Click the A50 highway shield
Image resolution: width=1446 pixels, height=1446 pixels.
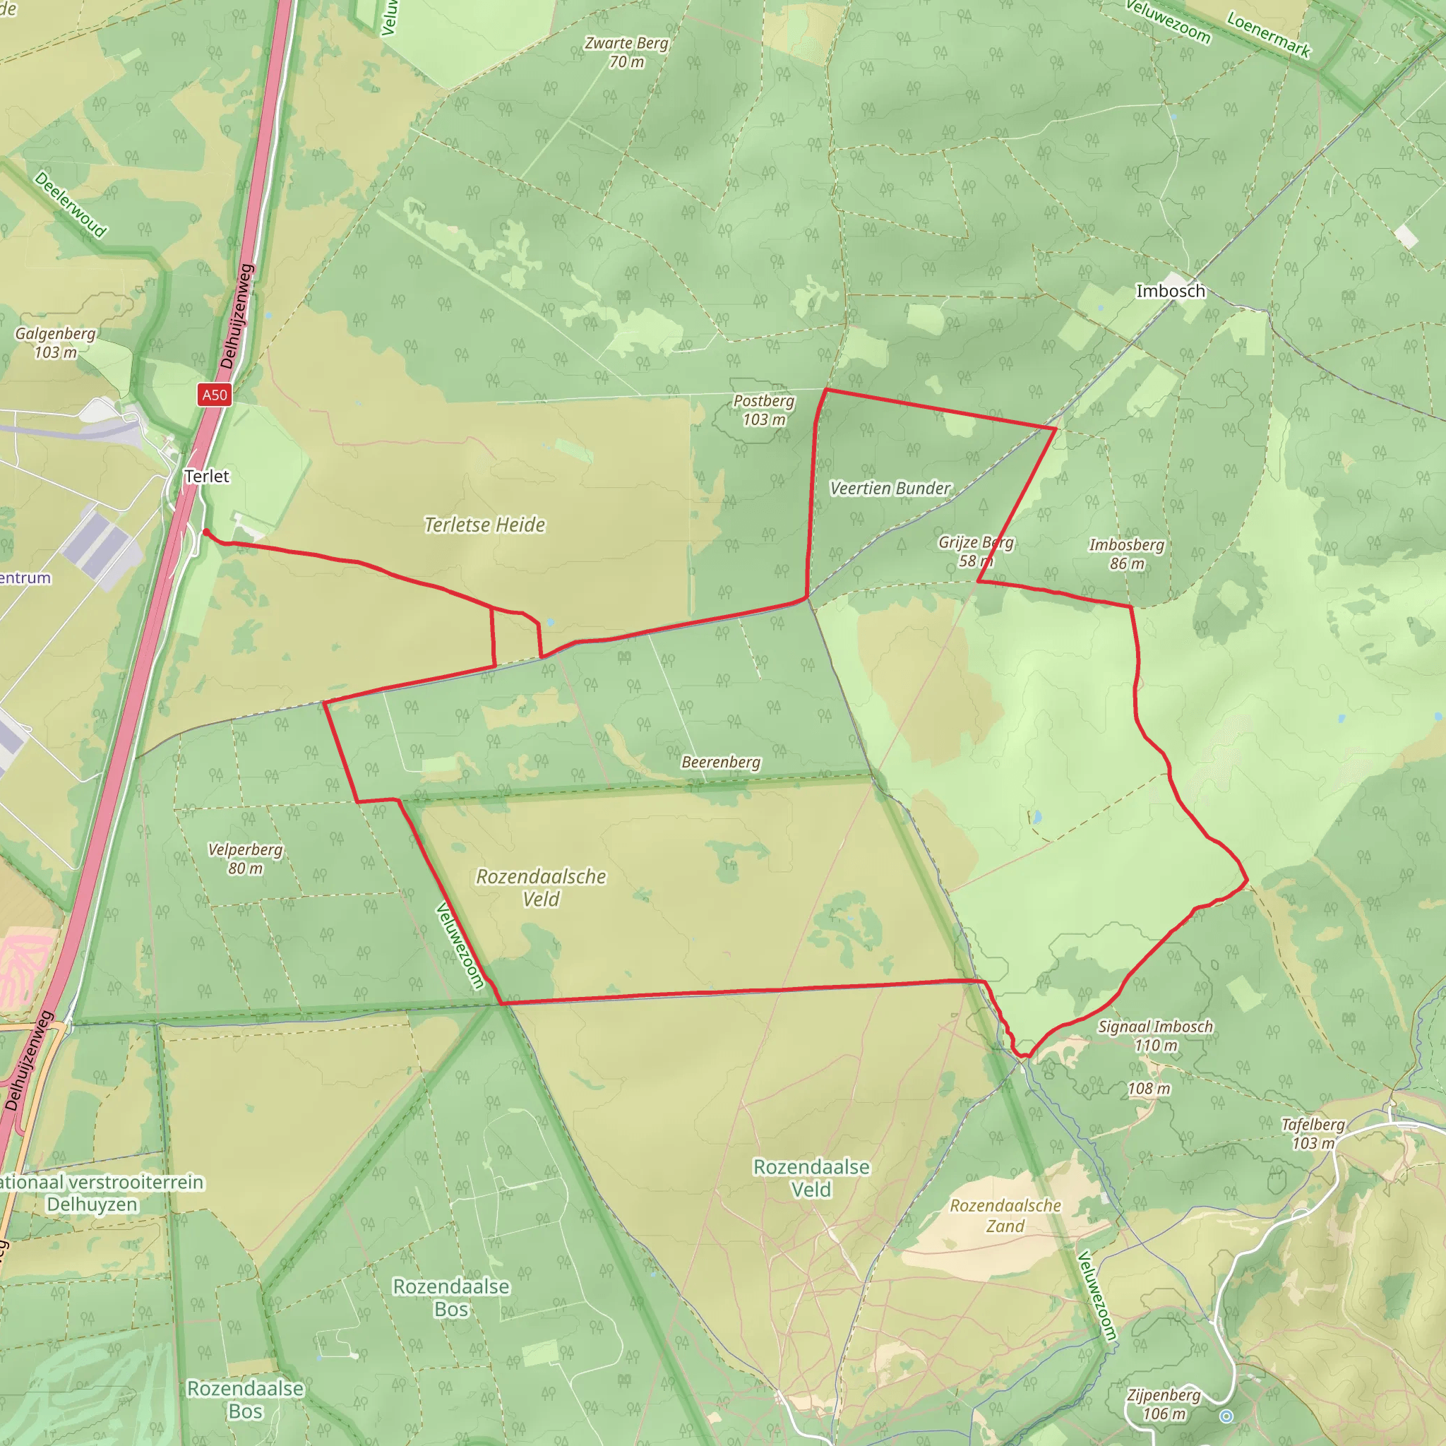pos(214,395)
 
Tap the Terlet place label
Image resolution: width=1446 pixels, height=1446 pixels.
pos(207,476)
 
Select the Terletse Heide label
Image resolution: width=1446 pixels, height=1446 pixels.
pos(484,525)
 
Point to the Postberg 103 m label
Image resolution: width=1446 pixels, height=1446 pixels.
pos(763,410)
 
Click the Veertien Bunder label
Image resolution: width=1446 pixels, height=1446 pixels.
pos(890,488)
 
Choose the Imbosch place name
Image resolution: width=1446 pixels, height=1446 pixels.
pos(1171,291)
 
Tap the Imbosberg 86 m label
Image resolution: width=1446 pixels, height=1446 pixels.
pos(1126,554)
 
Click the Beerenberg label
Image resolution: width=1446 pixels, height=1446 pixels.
pos(721,762)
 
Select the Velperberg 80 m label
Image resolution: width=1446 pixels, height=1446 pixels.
pos(246,859)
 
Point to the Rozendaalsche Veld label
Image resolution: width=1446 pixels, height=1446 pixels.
pos(541,887)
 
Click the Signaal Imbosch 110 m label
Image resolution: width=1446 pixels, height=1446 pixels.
pos(1155,1036)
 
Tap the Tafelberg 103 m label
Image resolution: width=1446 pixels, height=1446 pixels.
pos(1313,1133)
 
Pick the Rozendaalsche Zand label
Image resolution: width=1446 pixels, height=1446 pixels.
pos(1005,1216)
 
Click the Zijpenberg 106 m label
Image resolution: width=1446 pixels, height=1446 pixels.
pos(1164,1404)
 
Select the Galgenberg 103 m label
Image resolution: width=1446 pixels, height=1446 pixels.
pos(55,342)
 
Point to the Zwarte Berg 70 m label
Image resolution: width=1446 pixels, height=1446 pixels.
pos(626,52)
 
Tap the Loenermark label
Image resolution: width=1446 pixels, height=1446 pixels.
pos(1269,35)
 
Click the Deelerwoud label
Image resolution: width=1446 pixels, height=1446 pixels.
pos(71,204)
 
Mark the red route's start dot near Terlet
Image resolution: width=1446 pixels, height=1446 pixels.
pos(206,532)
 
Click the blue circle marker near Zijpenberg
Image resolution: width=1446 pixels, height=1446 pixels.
pos(1226,1416)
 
